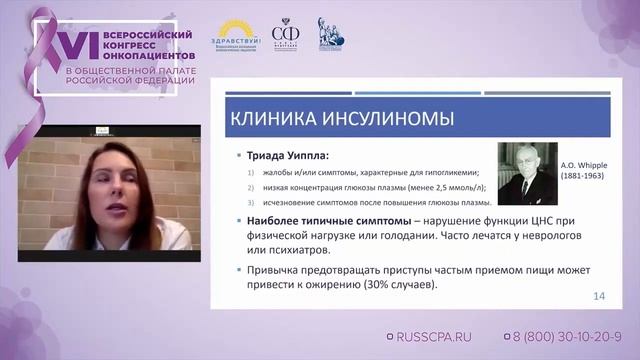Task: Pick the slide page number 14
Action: click(600, 296)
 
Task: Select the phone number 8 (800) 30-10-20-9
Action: click(567, 338)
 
